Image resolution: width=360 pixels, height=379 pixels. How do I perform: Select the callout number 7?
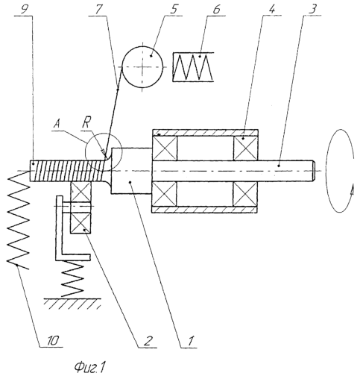pos(98,9)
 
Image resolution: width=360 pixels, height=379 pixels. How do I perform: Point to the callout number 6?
pos(217,9)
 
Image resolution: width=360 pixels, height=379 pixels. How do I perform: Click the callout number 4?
pos(272,9)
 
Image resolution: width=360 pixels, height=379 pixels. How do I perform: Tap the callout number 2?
pos(148,340)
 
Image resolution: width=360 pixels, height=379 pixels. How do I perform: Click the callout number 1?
pos(190,340)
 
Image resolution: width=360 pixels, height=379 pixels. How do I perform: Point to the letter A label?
pos(57,124)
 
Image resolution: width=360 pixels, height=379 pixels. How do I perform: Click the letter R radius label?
pos(86,124)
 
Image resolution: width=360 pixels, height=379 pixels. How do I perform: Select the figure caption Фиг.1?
pos(89,367)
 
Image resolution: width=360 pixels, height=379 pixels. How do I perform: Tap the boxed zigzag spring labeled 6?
pos(193,67)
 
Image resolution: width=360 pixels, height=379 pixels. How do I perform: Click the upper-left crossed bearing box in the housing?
pos(165,148)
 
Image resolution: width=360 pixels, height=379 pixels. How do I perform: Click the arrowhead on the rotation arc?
pos(351,191)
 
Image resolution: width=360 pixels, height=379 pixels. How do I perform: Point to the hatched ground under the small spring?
pos(72,304)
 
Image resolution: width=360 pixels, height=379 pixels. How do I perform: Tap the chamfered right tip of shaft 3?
pos(314,171)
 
